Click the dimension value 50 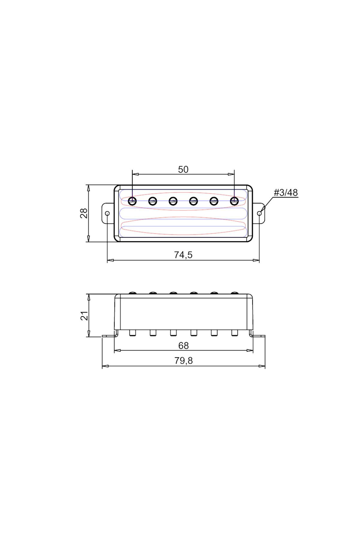pyautogui.click(x=183, y=169)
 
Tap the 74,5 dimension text pyautogui.click(x=183, y=255)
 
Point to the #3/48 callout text pyautogui.click(x=286, y=193)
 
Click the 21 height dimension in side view pyautogui.click(x=85, y=316)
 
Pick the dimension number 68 pyautogui.click(x=183, y=346)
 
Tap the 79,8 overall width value pyautogui.click(x=183, y=361)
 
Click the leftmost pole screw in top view pyautogui.click(x=132, y=201)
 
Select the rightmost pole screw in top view pyautogui.click(x=234, y=201)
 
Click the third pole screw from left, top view pyautogui.click(x=173, y=201)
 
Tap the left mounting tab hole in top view pyautogui.click(x=107, y=213)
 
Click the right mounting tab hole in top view pyautogui.click(x=259, y=213)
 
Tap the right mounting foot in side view pyautogui.click(x=258, y=336)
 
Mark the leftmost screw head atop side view pyautogui.click(x=132, y=293)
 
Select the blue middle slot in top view pyautogui.click(x=183, y=213)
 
